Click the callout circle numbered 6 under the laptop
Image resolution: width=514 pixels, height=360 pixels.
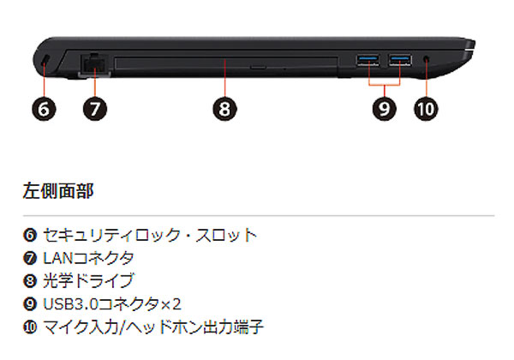44,109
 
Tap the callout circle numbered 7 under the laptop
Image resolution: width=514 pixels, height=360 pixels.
95,109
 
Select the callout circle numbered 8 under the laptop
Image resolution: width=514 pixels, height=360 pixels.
224,109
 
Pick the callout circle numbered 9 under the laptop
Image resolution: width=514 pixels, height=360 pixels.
385,109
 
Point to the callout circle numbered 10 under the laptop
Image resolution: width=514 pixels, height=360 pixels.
426,109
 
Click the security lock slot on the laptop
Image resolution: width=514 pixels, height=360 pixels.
45,59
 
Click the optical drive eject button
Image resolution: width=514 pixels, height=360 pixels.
258,67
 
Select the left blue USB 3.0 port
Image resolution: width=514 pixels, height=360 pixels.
368,60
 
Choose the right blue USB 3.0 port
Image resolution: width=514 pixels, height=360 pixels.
400,60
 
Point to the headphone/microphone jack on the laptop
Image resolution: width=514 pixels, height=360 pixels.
427,59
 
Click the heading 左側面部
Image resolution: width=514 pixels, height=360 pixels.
58,191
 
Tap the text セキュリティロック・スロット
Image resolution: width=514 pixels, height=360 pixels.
150,235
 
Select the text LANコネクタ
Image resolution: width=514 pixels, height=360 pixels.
88,258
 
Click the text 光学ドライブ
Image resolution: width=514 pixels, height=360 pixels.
88,280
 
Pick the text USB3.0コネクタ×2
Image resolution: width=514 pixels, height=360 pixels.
112,304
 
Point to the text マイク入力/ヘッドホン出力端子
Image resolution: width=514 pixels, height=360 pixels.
153,327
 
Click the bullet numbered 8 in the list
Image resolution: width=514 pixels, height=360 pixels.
30,281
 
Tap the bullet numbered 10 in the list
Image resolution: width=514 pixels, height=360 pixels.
30,327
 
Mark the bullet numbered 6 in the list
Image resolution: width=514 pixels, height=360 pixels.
30,235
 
